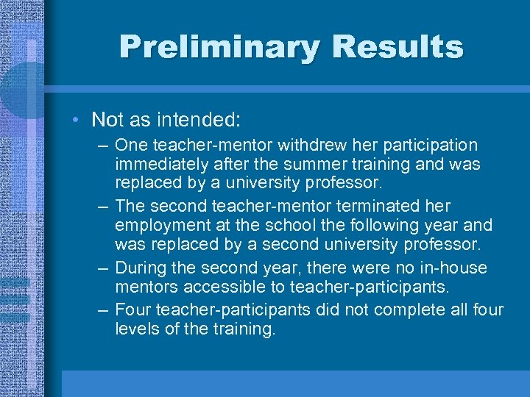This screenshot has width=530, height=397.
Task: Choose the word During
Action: point(140,268)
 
